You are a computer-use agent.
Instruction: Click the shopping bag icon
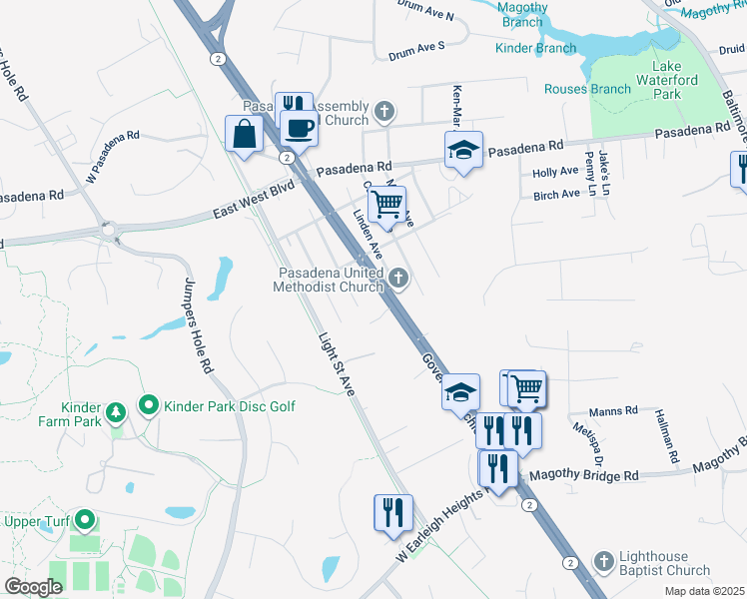point(245,134)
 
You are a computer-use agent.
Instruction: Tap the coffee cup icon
point(299,127)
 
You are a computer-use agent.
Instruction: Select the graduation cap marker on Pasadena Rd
point(463,150)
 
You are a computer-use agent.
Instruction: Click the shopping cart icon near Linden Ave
point(386,206)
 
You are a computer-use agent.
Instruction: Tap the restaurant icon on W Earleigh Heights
point(393,512)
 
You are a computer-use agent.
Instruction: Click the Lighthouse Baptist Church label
point(661,562)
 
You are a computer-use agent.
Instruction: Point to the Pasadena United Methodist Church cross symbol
point(397,278)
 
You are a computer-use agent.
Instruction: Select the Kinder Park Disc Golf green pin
point(149,405)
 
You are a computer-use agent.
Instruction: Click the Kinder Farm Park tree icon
point(116,410)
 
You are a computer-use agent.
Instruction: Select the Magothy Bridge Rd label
point(583,476)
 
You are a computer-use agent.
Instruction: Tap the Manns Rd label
point(613,410)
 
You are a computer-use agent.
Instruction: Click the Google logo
point(33,586)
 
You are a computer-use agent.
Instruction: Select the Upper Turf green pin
point(85,519)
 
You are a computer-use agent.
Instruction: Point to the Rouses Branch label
point(587,89)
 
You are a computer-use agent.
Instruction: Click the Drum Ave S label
point(416,46)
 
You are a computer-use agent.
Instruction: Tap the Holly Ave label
point(556,172)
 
